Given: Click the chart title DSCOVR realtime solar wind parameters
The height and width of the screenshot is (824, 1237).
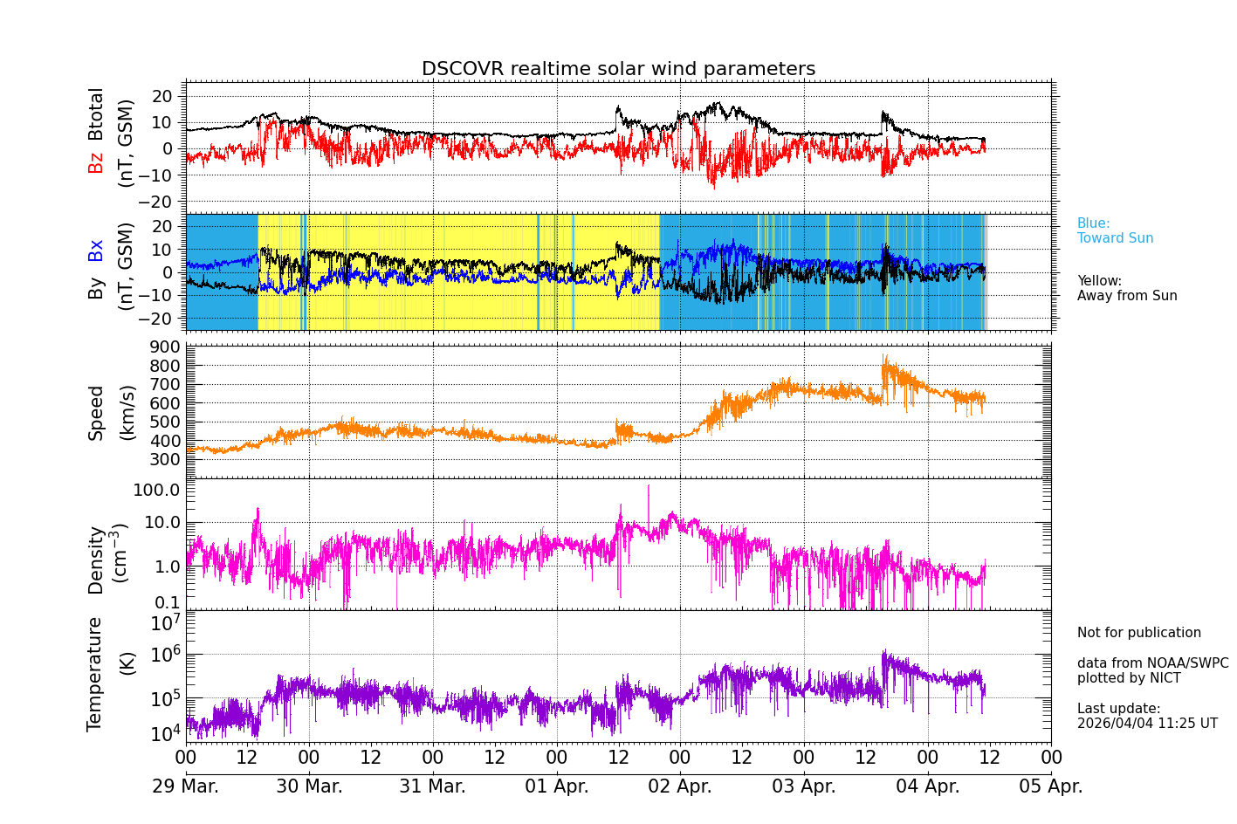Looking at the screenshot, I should pos(618,69).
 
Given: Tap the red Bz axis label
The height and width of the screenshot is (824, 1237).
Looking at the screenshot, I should pos(96,162).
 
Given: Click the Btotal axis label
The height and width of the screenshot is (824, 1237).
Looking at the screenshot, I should pos(96,114).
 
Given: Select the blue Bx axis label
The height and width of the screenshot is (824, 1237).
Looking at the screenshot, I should pos(96,250).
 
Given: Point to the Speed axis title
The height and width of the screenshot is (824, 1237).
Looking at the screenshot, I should pos(96,413).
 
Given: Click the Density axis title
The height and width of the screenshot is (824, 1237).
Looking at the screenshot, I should pos(96,560).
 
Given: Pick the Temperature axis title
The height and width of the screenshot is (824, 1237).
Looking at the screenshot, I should pos(95,673).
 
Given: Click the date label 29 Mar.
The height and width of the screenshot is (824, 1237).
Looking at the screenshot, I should pos(186,786).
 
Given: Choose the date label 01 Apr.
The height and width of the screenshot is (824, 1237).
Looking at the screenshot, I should pos(556,786).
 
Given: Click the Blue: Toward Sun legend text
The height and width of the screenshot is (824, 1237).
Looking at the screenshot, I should pos(1115,231).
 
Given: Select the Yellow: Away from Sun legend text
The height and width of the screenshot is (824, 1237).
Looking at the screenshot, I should pos(1126,289).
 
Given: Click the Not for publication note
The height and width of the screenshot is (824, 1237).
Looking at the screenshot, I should pos(1138,633).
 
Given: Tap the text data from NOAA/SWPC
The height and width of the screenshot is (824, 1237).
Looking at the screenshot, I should pos(1152,663).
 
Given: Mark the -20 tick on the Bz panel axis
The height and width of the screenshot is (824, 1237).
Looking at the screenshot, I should pos(163,202).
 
